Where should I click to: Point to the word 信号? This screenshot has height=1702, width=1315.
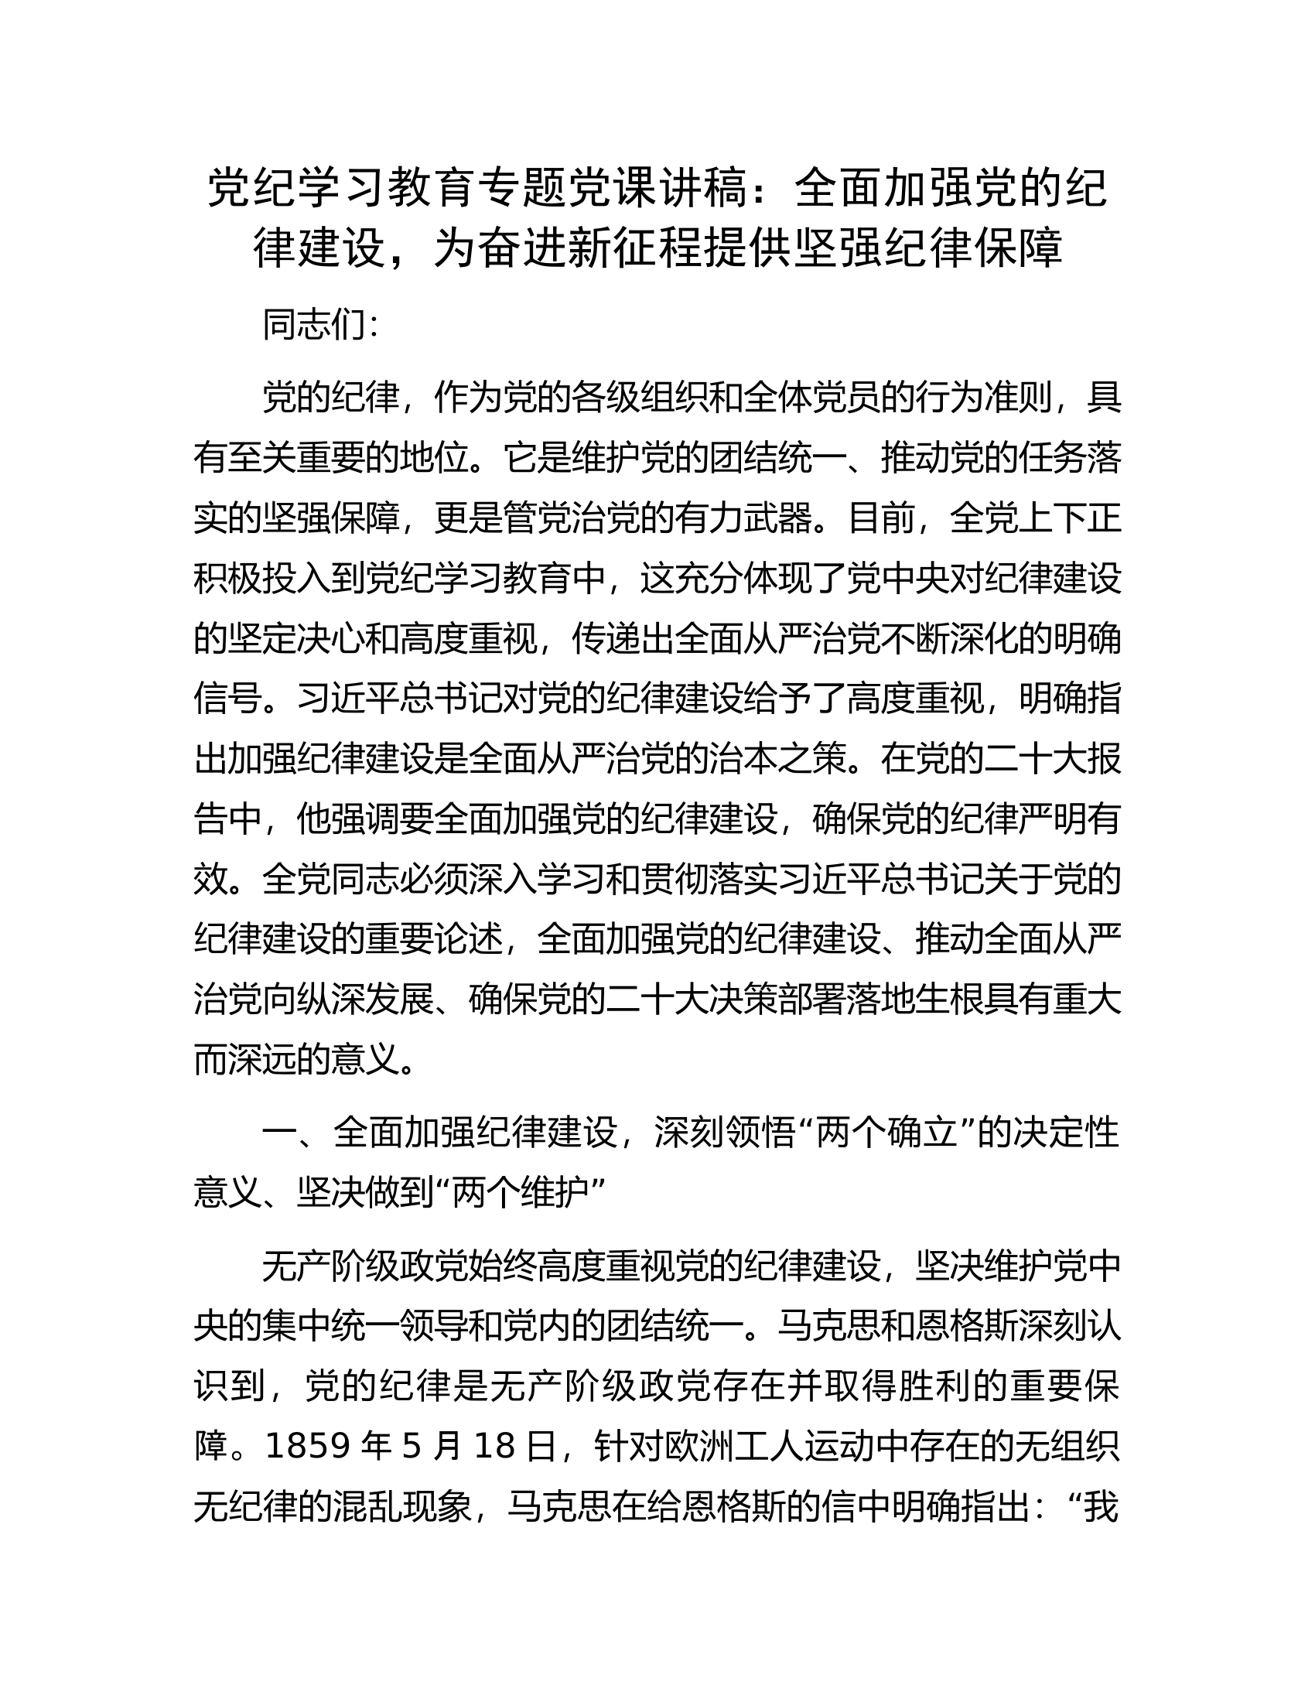(227, 699)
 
